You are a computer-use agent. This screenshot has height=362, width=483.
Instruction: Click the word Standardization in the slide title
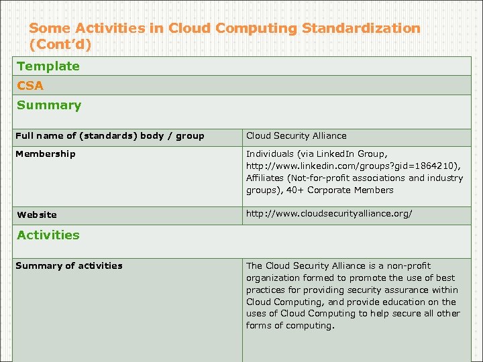[361, 28]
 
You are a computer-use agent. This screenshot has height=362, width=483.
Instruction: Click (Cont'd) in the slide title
[60, 45]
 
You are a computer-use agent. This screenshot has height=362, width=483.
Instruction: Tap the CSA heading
[30, 85]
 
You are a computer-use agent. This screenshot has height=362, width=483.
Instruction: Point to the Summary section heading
[49, 105]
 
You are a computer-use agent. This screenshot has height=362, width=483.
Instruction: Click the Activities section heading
[48, 235]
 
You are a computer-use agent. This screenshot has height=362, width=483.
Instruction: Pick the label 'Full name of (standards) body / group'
[110, 135]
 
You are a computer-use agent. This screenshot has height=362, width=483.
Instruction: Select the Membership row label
[46, 154]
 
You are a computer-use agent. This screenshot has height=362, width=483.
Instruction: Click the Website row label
[37, 215]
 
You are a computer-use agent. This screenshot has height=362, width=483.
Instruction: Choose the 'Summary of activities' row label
[69, 265]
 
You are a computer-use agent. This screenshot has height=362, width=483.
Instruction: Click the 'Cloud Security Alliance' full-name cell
[297, 135]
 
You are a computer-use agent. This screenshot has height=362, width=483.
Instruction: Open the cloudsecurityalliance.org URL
[329, 214]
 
